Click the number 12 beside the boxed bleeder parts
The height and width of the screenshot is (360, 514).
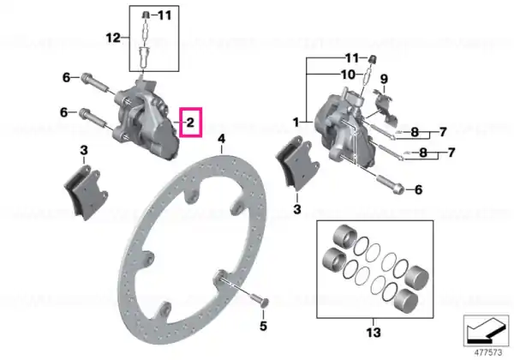pyautogui.click(x=113, y=38)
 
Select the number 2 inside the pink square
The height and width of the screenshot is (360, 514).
pyautogui.click(x=190, y=123)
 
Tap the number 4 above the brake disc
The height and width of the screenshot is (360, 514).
pyautogui.click(x=222, y=139)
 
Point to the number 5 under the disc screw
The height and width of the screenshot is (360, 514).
pyautogui.click(x=263, y=326)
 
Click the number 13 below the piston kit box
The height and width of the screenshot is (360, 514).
pyautogui.click(x=374, y=333)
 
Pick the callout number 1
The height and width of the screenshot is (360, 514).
pyautogui.click(x=296, y=123)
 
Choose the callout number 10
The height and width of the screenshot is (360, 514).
pyautogui.click(x=348, y=75)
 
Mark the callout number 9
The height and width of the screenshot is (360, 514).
pyautogui.click(x=384, y=79)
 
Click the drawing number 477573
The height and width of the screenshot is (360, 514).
pyautogui.click(x=488, y=353)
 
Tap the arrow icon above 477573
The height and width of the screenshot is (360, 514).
pyautogui.click(x=486, y=331)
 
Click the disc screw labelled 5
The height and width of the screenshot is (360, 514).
pyautogui.click(x=260, y=299)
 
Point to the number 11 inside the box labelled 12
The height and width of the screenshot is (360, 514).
pyautogui.click(x=164, y=15)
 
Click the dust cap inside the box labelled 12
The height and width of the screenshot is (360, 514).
pyautogui.click(x=146, y=15)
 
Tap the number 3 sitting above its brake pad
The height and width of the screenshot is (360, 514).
pyautogui.click(x=84, y=151)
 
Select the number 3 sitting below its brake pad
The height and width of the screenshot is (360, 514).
pyautogui.click(x=297, y=209)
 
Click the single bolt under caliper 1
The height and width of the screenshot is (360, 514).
pyautogui.click(x=390, y=184)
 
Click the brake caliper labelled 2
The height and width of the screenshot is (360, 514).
pyautogui.click(x=145, y=120)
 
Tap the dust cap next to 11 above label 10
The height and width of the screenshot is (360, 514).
pyautogui.click(x=373, y=59)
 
